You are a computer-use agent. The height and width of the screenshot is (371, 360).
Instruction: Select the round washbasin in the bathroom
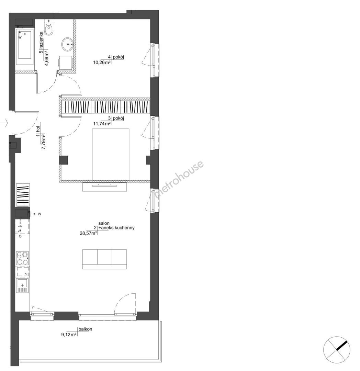pyautogui.click(x=68, y=44)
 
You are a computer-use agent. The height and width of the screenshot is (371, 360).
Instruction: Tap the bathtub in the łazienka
pyautogui.click(x=25, y=46)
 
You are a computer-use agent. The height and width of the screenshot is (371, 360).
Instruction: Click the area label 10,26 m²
pyautogui.click(x=102, y=63)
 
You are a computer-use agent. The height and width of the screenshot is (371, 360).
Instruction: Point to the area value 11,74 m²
pyautogui.click(x=102, y=124)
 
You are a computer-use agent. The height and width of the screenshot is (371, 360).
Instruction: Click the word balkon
pyautogui.click(x=86, y=329)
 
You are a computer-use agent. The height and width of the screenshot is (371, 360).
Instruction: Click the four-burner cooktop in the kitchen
pyautogui.click(x=22, y=258)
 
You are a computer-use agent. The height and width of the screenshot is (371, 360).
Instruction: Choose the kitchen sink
pyautogui.click(x=22, y=285)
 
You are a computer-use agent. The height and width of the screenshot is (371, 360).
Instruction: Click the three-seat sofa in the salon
pyautogui.click(x=104, y=259)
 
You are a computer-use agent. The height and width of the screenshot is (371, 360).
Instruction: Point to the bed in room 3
pyautogui.click(x=111, y=154)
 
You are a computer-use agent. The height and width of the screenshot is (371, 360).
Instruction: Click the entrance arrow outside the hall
pyautogui.click(x=4, y=123)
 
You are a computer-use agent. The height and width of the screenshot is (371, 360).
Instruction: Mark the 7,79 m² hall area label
pyautogui.click(x=43, y=142)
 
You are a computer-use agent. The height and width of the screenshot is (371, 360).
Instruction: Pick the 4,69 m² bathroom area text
pyautogui.click(x=46, y=58)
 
